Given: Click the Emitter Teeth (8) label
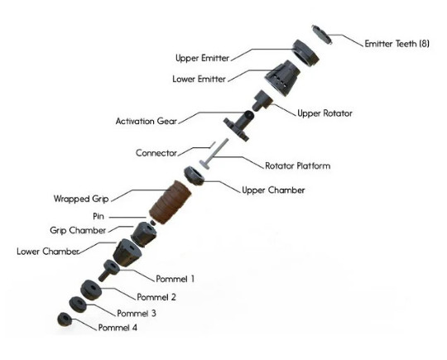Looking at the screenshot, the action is [397, 44].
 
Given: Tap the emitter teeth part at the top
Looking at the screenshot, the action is [322, 35].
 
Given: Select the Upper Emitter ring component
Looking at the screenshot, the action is [305, 53].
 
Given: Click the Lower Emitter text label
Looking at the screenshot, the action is [199, 79].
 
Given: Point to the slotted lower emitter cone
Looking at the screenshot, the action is [282, 78].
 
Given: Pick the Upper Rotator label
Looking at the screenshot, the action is [324, 113].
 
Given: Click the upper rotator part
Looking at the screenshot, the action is [262, 100].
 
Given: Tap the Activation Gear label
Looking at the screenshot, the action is [147, 121].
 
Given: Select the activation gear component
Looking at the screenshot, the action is [239, 126].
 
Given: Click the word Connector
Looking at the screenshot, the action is [156, 153].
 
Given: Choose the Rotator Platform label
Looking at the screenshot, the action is [298, 166].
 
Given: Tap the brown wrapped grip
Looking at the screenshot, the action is [171, 202].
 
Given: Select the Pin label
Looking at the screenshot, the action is [99, 216].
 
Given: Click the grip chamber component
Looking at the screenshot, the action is [144, 234].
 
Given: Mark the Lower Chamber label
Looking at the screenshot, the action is [48, 251].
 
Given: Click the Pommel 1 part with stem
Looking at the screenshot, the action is [109, 271].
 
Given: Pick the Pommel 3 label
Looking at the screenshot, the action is [137, 314].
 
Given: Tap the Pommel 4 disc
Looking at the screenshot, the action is [65, 319].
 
